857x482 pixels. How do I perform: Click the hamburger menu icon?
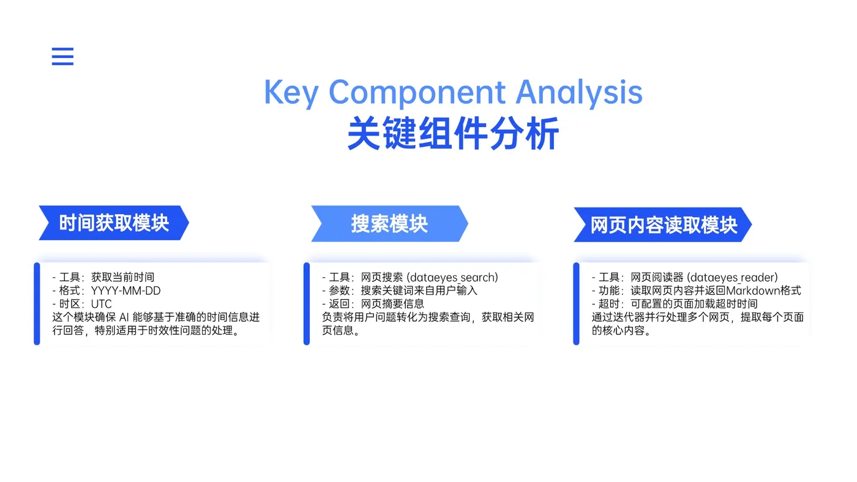[x=62, y=56]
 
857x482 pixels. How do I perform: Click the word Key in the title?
[x=291, y=93]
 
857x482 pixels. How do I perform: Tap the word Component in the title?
[x=417, y=93]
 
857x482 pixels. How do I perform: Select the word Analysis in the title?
[x=579, y=93]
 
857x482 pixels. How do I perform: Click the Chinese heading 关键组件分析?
[x=454, y=133]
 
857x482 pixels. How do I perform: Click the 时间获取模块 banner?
[x=114, y=223]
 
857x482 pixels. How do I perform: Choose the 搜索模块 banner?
[x=389, y=224]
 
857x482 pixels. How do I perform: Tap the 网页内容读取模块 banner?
[x=663, y=224]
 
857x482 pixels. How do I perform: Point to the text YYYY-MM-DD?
[x=126, y=291]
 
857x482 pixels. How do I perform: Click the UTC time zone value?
[x=102, y=304]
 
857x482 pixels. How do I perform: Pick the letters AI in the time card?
[x=124, y=317]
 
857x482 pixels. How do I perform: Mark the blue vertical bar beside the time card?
[x=37, y=304]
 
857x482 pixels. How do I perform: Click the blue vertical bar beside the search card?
[x=307, y=304]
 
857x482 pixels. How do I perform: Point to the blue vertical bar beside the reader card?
[x=576, y=304]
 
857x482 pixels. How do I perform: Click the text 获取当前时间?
[x=122, y=277]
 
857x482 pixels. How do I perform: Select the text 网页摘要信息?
[x=392, y=304]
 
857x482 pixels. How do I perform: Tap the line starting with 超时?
[x=675, y=304]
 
